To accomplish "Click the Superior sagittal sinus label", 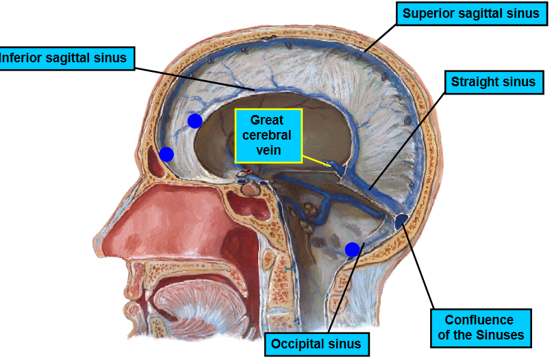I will coord(471,14).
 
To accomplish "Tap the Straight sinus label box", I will coord(493,82).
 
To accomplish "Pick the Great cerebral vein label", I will coord(267,136).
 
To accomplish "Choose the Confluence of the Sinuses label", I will coord(479,327).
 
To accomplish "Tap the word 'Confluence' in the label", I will coord(479,320).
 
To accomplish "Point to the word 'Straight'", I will coord(474,82).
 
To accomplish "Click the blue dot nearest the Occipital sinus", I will coord(352,250).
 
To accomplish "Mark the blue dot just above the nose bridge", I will coord(166,155).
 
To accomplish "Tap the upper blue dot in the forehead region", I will coord(195,121).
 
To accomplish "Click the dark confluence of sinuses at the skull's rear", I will coord(401,220).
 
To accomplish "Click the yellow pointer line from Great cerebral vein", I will coord(316,161).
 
